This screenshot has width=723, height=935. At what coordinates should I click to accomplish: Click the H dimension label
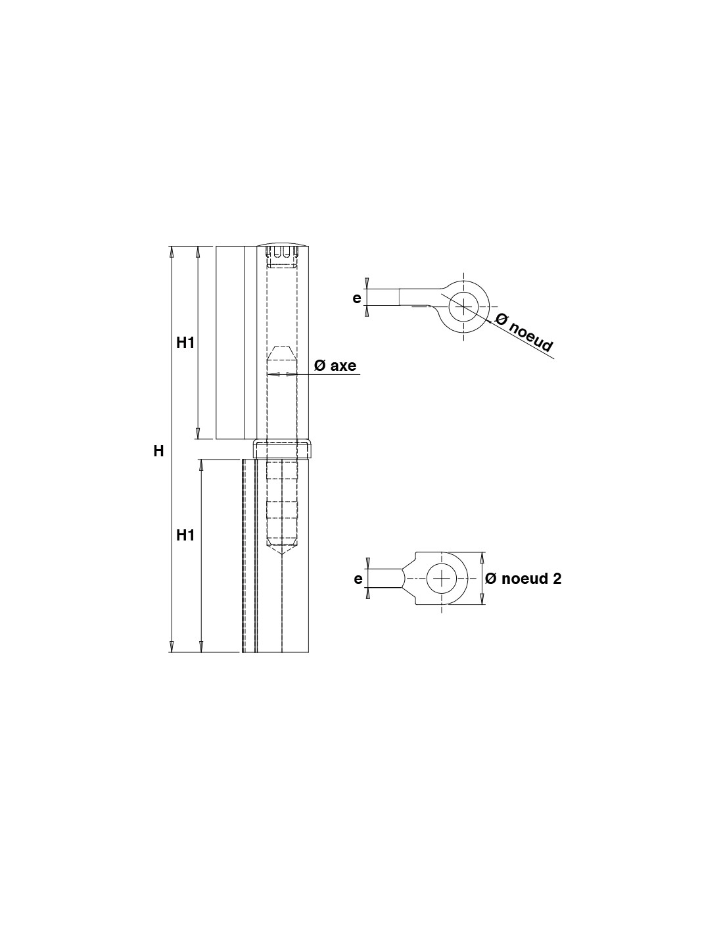pos(158,451)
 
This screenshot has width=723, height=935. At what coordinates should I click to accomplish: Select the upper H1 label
pos(185,343)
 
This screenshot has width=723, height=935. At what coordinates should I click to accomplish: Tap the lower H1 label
pos(185,535)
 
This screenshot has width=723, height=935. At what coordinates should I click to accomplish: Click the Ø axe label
pos(335,366)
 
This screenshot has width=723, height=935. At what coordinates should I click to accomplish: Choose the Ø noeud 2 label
pos(523,579)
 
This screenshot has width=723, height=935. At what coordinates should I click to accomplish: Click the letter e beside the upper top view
pos(356,298)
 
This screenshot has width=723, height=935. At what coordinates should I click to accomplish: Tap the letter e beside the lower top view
pos(358,579)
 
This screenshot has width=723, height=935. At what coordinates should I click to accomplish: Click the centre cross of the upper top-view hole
pos(463,306)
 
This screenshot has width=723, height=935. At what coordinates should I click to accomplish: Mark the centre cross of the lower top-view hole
pos(442,579)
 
